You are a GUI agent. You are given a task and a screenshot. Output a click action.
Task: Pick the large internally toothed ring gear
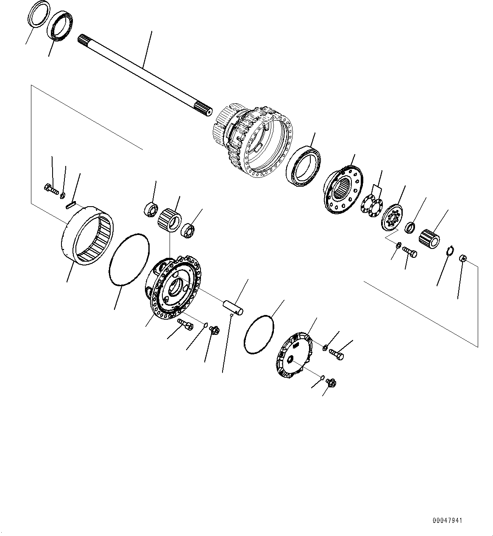click(87, 235)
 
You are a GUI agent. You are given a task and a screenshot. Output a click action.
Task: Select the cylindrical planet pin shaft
click(234, 307)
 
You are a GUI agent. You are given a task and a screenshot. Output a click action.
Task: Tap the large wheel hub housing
click(254, 142)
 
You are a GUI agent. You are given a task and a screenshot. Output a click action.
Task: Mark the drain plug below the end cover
click(332, 383)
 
